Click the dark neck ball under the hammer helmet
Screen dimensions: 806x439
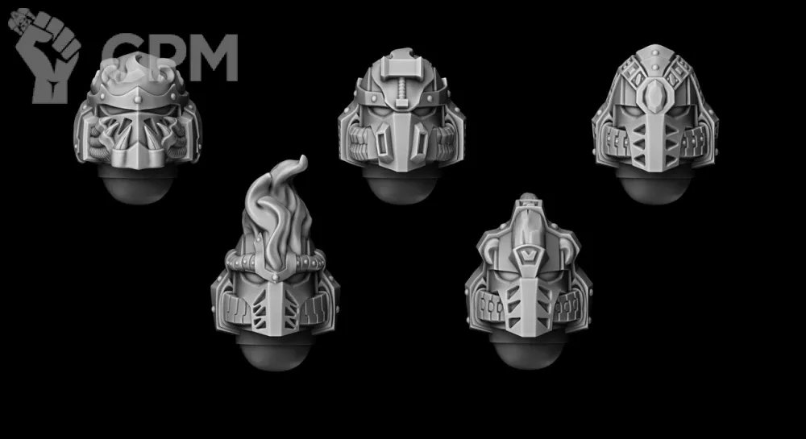pyautogui.click(x=400, y=186)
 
